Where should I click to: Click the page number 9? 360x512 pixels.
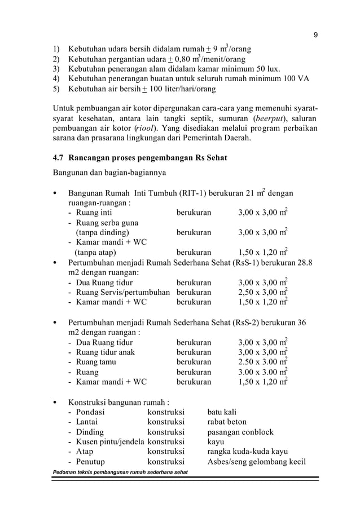tap(315, 36)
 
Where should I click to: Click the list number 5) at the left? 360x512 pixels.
tap(56, 89)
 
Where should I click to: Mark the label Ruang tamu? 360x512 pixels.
tap(96, 362)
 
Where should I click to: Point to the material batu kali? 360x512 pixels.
tap(222, 412)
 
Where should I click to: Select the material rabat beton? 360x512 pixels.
tap(227, 422)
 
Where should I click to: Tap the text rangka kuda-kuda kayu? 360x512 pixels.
tap(248, 452)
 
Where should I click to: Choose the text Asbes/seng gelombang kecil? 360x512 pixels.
tap(257, 462)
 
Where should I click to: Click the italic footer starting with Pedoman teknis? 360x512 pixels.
tap(120, 472)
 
